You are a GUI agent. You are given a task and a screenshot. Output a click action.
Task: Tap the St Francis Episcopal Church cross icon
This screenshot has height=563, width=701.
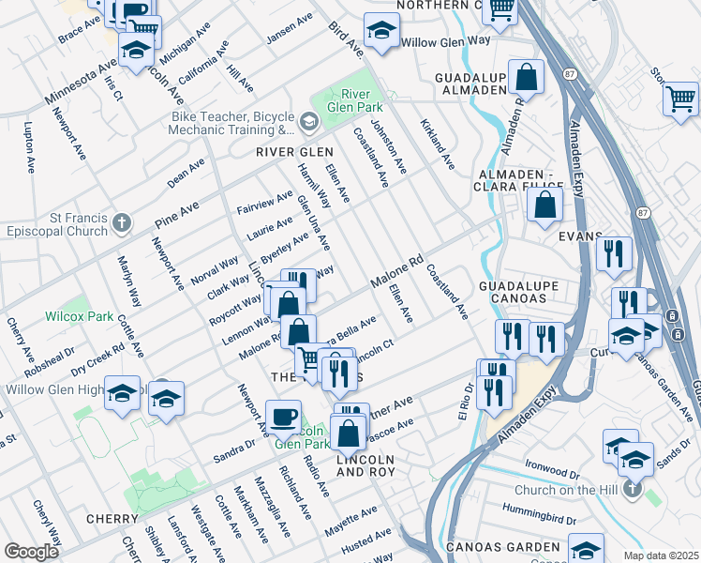[121, 222]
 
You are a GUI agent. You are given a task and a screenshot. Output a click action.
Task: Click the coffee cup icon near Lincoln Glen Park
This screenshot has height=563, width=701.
[283, 417]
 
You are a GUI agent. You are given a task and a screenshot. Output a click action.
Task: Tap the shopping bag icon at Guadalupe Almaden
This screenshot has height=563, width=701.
[528, 79]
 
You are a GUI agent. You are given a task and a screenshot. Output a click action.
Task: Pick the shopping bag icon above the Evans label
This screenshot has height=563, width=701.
[544, 207]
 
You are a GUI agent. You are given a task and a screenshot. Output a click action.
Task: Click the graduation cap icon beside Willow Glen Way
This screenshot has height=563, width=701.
[380, 33]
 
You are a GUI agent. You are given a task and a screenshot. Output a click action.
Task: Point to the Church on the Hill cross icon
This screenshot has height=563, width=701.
[634, 489]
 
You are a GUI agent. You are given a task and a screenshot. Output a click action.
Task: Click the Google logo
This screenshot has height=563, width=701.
[32, 552]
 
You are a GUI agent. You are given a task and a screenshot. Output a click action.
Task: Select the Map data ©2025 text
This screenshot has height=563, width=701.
[660, 555]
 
